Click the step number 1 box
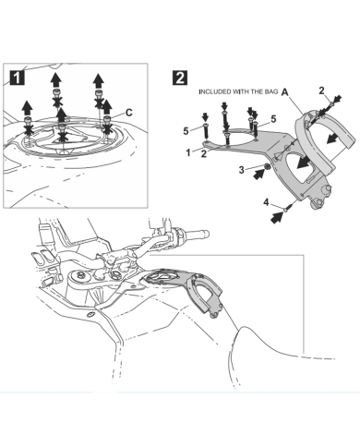click(17, 78)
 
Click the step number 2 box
click(180, 78)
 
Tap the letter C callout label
click(129, 113)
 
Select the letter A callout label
click(285, 91)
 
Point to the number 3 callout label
click(242, 170)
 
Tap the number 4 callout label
click(266, 202)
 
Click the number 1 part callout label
click(188, 152)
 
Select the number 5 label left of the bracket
click(186, 131)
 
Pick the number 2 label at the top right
click(321, 91)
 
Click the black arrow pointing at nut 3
click(258, 175)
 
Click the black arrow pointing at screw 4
click(277, 218)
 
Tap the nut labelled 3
click(268, 167)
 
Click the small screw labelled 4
click(287, 208)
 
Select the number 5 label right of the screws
click(273, 119)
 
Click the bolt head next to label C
click(107, 119)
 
